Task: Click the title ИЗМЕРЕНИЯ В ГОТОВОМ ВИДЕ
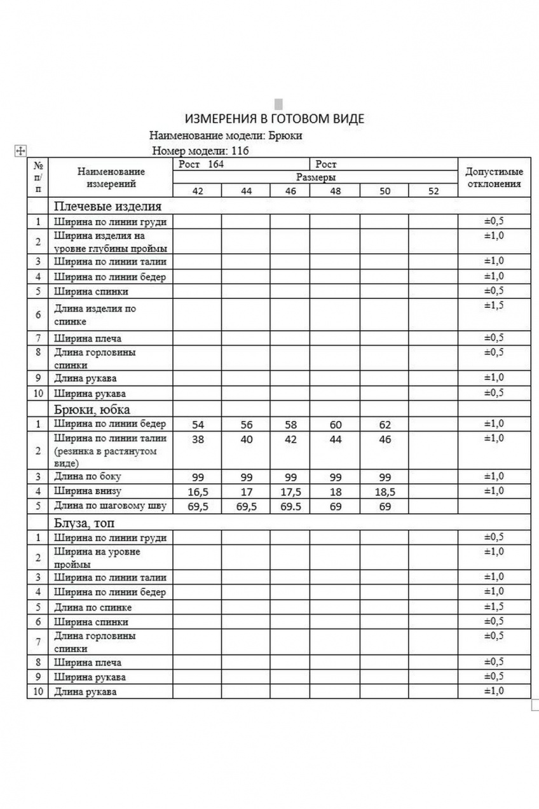pos(275,119)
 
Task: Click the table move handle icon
pos(20,150)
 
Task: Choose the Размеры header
pos(315,177)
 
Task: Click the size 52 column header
pos(433,191)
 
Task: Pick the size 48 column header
pos(334,191)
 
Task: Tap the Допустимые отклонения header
pos(494,177)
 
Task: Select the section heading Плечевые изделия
pos(107,206)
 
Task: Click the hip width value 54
pos(198,425)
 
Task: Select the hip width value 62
pos(385,425)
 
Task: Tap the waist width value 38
pos(198,439)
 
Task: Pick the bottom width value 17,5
pos(290,492)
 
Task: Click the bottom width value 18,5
pos(385,492)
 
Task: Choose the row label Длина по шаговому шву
pos(110,506)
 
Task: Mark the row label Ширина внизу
pos(87,491)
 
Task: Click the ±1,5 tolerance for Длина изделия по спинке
pos(494,306)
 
